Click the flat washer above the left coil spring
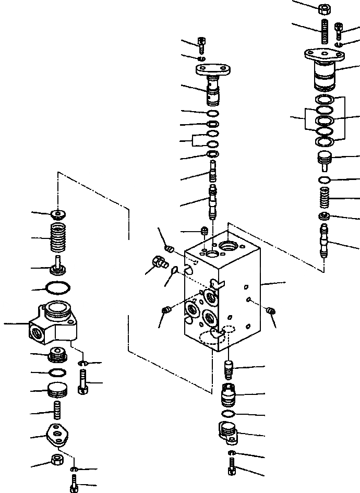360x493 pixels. pyautogui.click(x=58, y=213)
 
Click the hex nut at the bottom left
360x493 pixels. pyautogui.click(x=56, y=460)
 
